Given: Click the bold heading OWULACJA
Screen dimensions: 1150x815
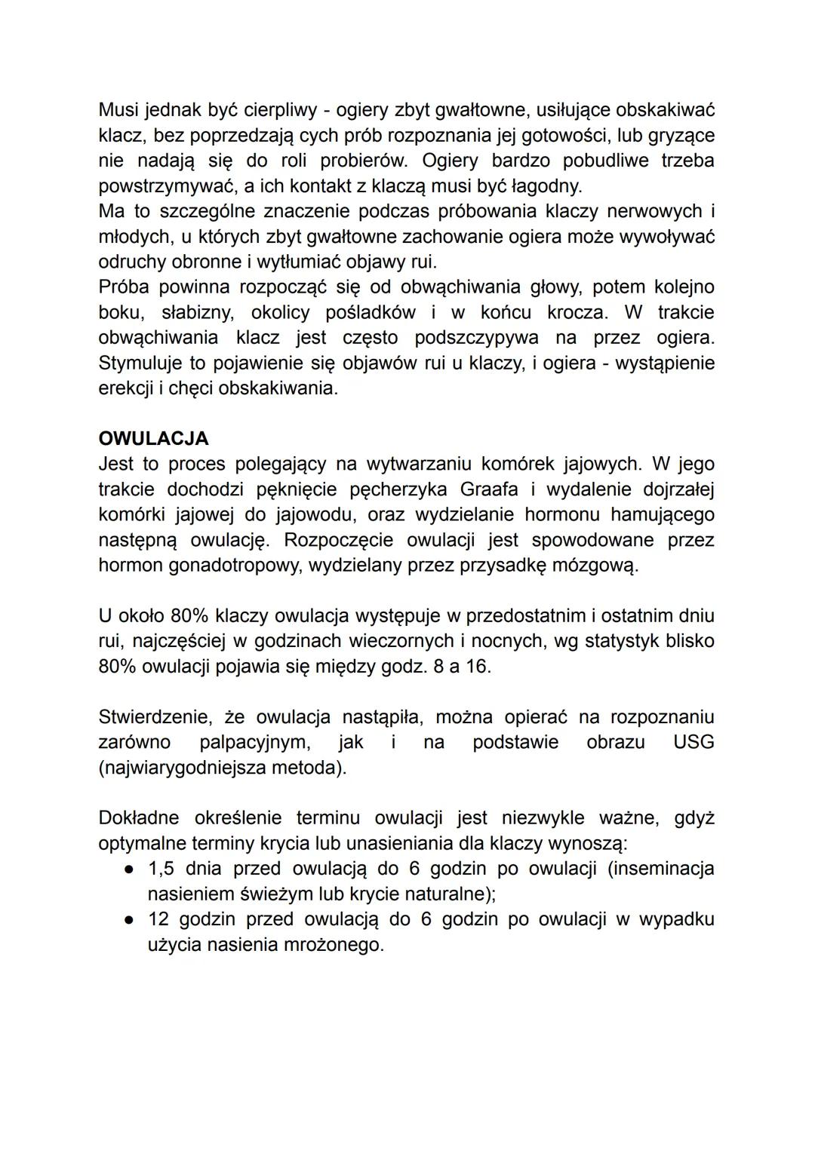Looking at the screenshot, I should tap(153, 439).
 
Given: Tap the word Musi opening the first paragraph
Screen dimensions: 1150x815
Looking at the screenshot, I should tap(118, 110).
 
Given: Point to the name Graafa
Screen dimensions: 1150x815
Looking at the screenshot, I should tap(489, 489).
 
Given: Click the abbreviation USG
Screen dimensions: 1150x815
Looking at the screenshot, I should tap(693, 742).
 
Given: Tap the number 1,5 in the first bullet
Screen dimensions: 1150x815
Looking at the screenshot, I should tap(161, 869).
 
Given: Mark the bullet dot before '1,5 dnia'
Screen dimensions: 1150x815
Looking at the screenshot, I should tap(130, 869).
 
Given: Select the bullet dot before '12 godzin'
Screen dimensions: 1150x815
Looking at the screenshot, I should tap(130, 919).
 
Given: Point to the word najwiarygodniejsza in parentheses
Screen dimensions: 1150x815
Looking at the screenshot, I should tap(177, 768).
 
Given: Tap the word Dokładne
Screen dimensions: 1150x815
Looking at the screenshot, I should tap(139, 818).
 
